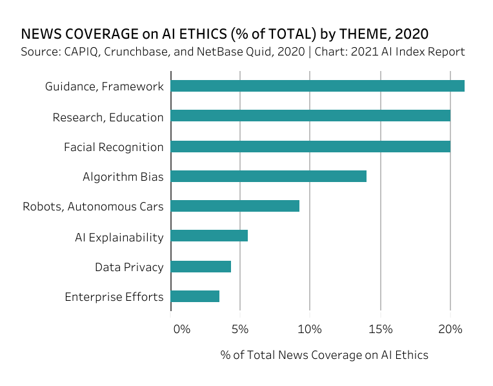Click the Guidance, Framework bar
click(317, 86)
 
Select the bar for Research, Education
click(310, 116)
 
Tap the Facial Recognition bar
click(310, 147)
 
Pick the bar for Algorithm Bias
click(268, 176)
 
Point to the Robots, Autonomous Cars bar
click(235, 206)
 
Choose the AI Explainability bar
click(209, 236)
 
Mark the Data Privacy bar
click(201, 266)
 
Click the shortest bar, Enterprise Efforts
click(195, 296)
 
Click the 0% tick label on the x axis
click(182, 329)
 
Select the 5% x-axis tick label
click(240, 329)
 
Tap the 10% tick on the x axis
click(310, 329)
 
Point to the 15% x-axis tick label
click(380, 329)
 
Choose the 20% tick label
click(450, 329)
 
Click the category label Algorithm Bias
click(123, 177)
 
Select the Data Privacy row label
click(129, 267)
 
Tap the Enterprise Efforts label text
click(114, 297)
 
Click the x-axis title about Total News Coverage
click(324, 355)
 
